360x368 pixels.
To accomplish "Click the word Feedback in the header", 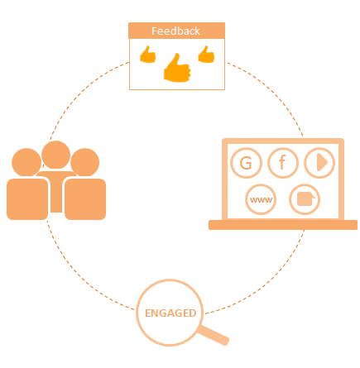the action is pos(175,31).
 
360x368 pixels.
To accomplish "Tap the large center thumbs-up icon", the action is pos(177,68).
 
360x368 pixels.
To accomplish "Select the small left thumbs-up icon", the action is pos(148,55).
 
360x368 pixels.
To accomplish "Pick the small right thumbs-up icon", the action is pos(206,55).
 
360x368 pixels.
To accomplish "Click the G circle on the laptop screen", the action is pos(246,163).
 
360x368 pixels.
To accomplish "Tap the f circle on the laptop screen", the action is pos(283,163).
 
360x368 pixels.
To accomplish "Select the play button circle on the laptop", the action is pos(319,163).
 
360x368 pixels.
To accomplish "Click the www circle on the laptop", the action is pos(261,199).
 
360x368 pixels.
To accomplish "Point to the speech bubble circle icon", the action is pos(305,199).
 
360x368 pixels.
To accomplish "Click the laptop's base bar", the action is pos(283,225).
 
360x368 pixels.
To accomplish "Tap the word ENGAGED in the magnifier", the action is pos(170,313).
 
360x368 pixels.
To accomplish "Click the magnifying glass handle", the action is pos(214,335).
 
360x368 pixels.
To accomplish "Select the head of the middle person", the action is pos(55,155).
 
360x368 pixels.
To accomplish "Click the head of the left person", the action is pos(26,162).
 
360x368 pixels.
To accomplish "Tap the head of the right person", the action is pos(85,162).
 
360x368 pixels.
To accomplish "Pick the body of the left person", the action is pos(27,199).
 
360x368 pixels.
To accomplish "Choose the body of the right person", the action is pos(85,199).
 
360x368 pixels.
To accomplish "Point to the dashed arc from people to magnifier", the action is pos(80,276).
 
